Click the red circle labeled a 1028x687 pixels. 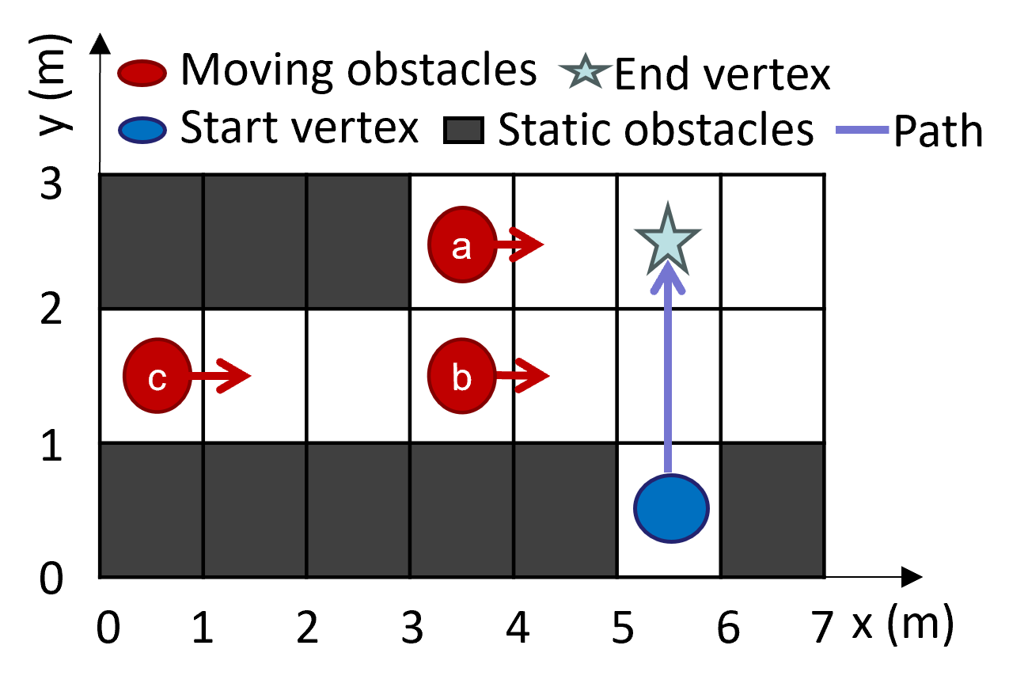[x=461, y=245]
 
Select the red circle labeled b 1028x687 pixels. [x=461, y=376]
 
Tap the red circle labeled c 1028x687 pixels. [x=157, y=376]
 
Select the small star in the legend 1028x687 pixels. [x=586, y=72]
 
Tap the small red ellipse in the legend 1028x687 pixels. [x=142, y=73]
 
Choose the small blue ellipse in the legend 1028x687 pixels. [x=142, y=130]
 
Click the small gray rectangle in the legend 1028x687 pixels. [x=464, y=130]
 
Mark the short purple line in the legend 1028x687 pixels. [x=863, y=130]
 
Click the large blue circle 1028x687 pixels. [x=671, y=508]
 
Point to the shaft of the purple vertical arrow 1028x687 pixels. [x=668, y=380]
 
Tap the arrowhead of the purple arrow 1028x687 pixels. [x=668, y=273]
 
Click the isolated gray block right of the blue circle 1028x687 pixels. [x=772, y=510]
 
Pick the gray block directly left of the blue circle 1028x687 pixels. [x=565, y=510]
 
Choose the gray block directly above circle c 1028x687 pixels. [x=151, y=241]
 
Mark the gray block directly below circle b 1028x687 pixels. [x=461, y=510]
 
